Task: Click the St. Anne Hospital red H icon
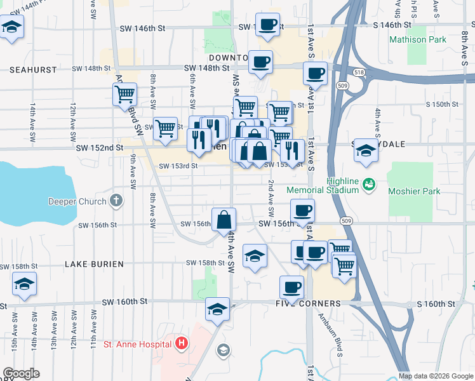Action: tap(182, 344)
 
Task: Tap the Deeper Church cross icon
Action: tap(116, 202)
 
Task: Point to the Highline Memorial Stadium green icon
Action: tap(368, 185)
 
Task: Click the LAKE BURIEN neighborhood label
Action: tap(94, 264)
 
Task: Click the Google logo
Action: tap(21, 373)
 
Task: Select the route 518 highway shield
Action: tap(360, 73)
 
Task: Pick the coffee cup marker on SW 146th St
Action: tap(268, 24)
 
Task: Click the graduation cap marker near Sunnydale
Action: tap(366, 150)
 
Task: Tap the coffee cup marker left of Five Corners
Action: tap(291, 287)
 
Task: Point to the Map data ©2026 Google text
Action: tap(436, 376)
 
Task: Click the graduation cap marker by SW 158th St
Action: tap(255, 256)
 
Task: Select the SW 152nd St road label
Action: tap(99, 148)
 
